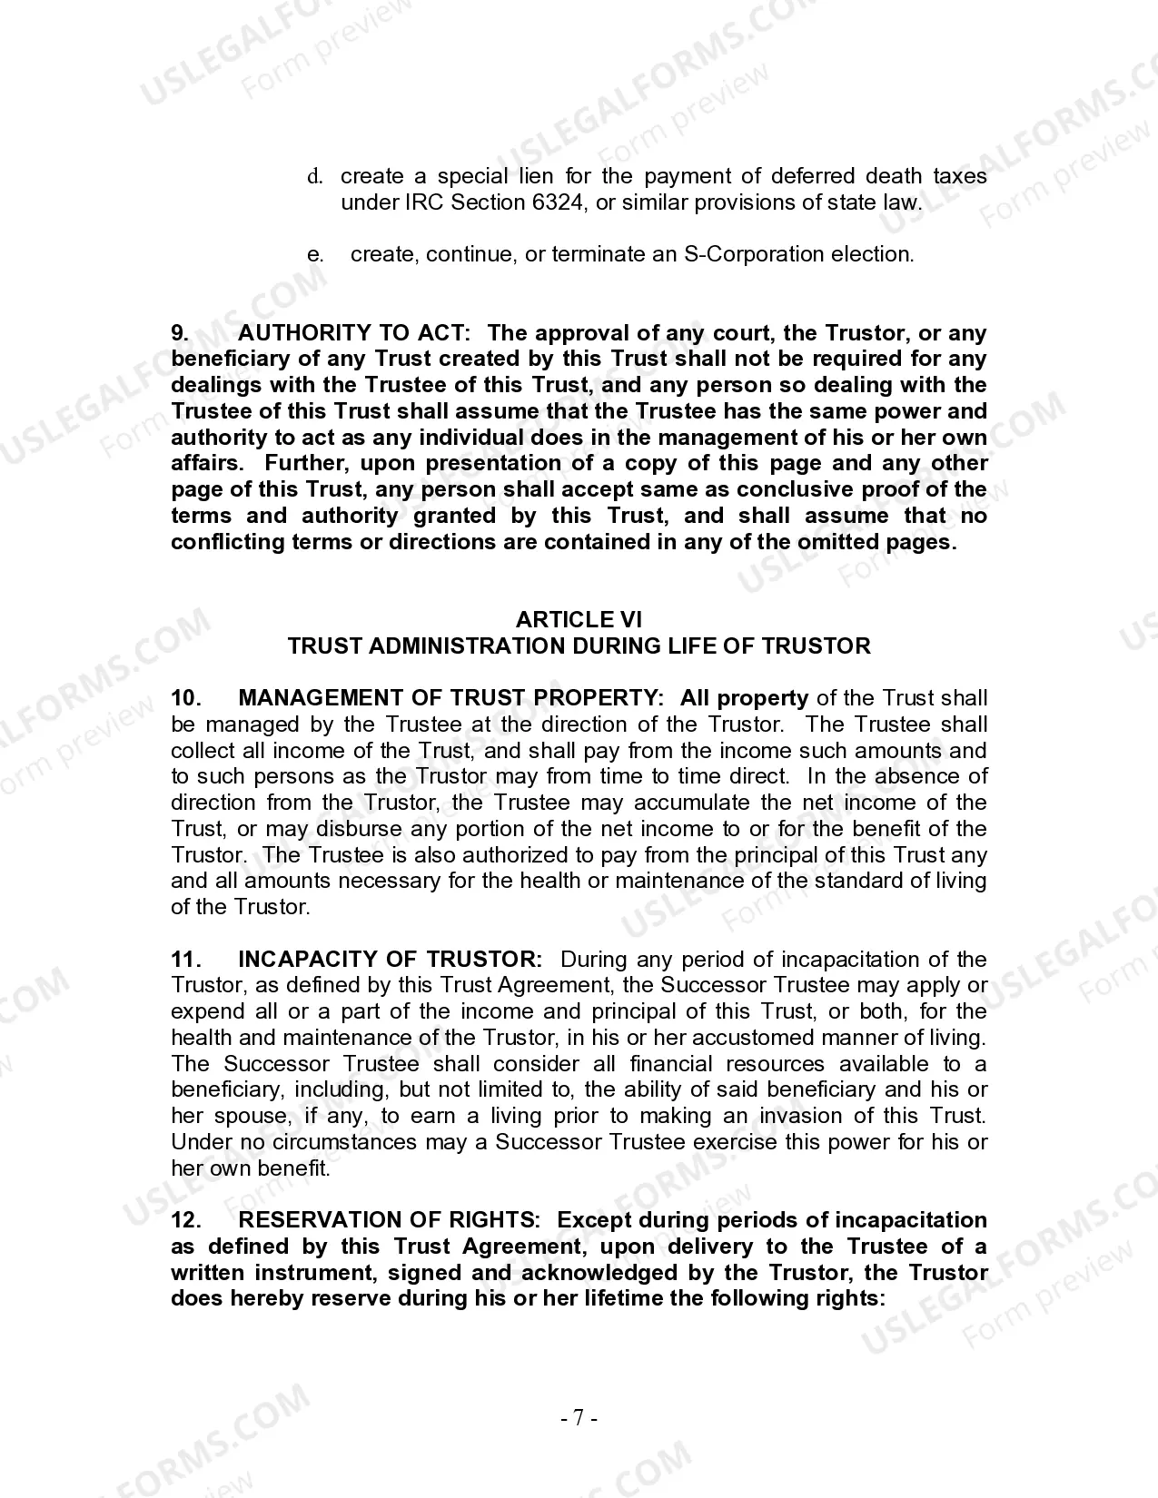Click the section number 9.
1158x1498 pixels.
[181, 333]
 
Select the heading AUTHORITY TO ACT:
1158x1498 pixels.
[354, 333]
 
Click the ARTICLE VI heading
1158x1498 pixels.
[579, 620]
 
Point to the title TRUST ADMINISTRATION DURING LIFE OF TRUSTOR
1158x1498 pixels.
[579, 646]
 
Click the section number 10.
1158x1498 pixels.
[185, 698]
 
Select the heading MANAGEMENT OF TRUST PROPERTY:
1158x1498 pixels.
[450, 698]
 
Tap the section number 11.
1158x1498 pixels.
[185, 960]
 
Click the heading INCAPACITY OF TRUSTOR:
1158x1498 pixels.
[390, 960]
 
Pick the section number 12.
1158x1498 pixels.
[185, 1220]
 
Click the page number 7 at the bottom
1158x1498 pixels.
[579, 1418]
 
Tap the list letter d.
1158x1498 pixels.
[314, 176]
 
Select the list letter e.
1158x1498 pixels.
[314, 254]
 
